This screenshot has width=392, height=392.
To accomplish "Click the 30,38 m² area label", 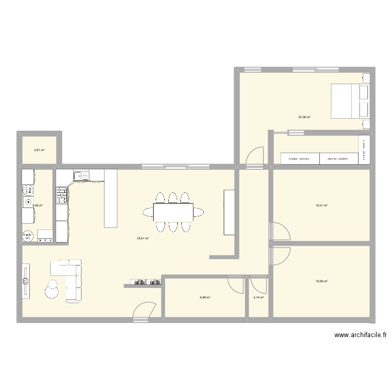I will point(304,117).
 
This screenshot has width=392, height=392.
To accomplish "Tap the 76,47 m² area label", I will point(143,238).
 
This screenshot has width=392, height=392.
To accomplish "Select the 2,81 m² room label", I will point(39,150).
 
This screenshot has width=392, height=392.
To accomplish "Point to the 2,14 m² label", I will point(258,298).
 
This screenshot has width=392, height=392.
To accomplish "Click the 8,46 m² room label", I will point(204,298).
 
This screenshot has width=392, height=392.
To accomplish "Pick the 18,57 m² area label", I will point(321,205).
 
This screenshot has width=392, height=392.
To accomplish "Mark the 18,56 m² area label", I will point(321,281).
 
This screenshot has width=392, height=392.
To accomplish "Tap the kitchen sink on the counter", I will point(80,176).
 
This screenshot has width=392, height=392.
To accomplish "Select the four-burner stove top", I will point(62,196).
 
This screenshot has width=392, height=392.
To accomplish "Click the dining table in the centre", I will point(173,212).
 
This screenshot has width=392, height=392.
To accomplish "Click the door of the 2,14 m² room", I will point(258,285).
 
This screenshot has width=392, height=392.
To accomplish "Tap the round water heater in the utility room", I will point(27,236).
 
